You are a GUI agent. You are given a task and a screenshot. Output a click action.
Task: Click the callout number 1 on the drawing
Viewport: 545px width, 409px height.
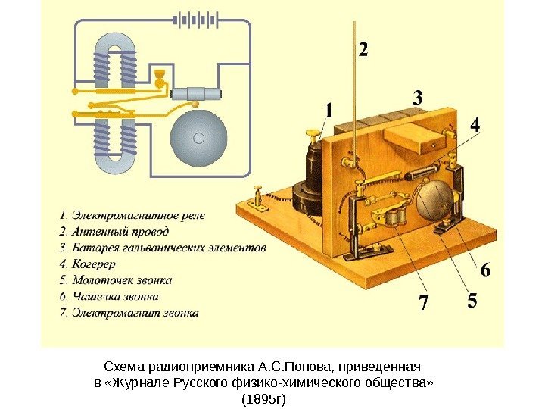(x=328, y=111)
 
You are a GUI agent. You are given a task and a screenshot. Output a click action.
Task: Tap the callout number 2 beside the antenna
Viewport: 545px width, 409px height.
(x=364, y=51)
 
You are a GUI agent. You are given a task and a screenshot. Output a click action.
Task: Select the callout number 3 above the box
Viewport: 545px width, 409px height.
(x=417, y=98)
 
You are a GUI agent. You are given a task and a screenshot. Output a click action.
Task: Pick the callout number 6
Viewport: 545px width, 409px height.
(x=485, y=270)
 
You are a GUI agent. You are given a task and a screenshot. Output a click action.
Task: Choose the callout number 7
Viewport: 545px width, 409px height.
(x=423, y=304)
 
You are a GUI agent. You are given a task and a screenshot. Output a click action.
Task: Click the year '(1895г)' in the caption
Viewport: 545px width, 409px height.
(x=264, y=397)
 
